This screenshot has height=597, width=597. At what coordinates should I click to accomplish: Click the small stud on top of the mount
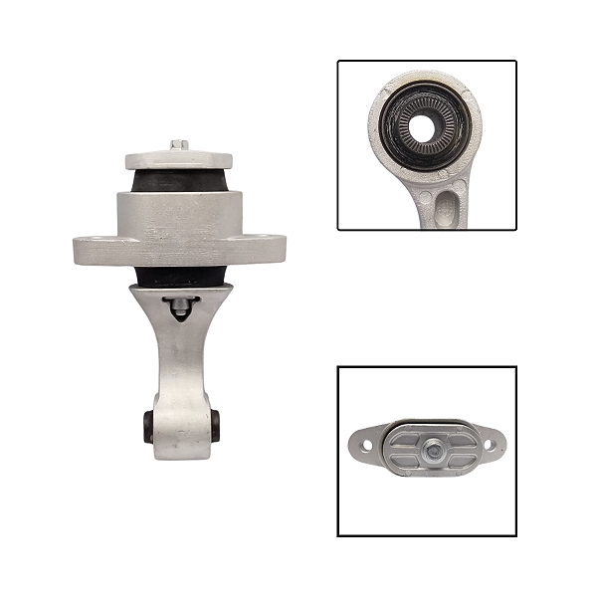coord(179,144)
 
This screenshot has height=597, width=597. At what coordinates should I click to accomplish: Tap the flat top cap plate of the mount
coord(179,159)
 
